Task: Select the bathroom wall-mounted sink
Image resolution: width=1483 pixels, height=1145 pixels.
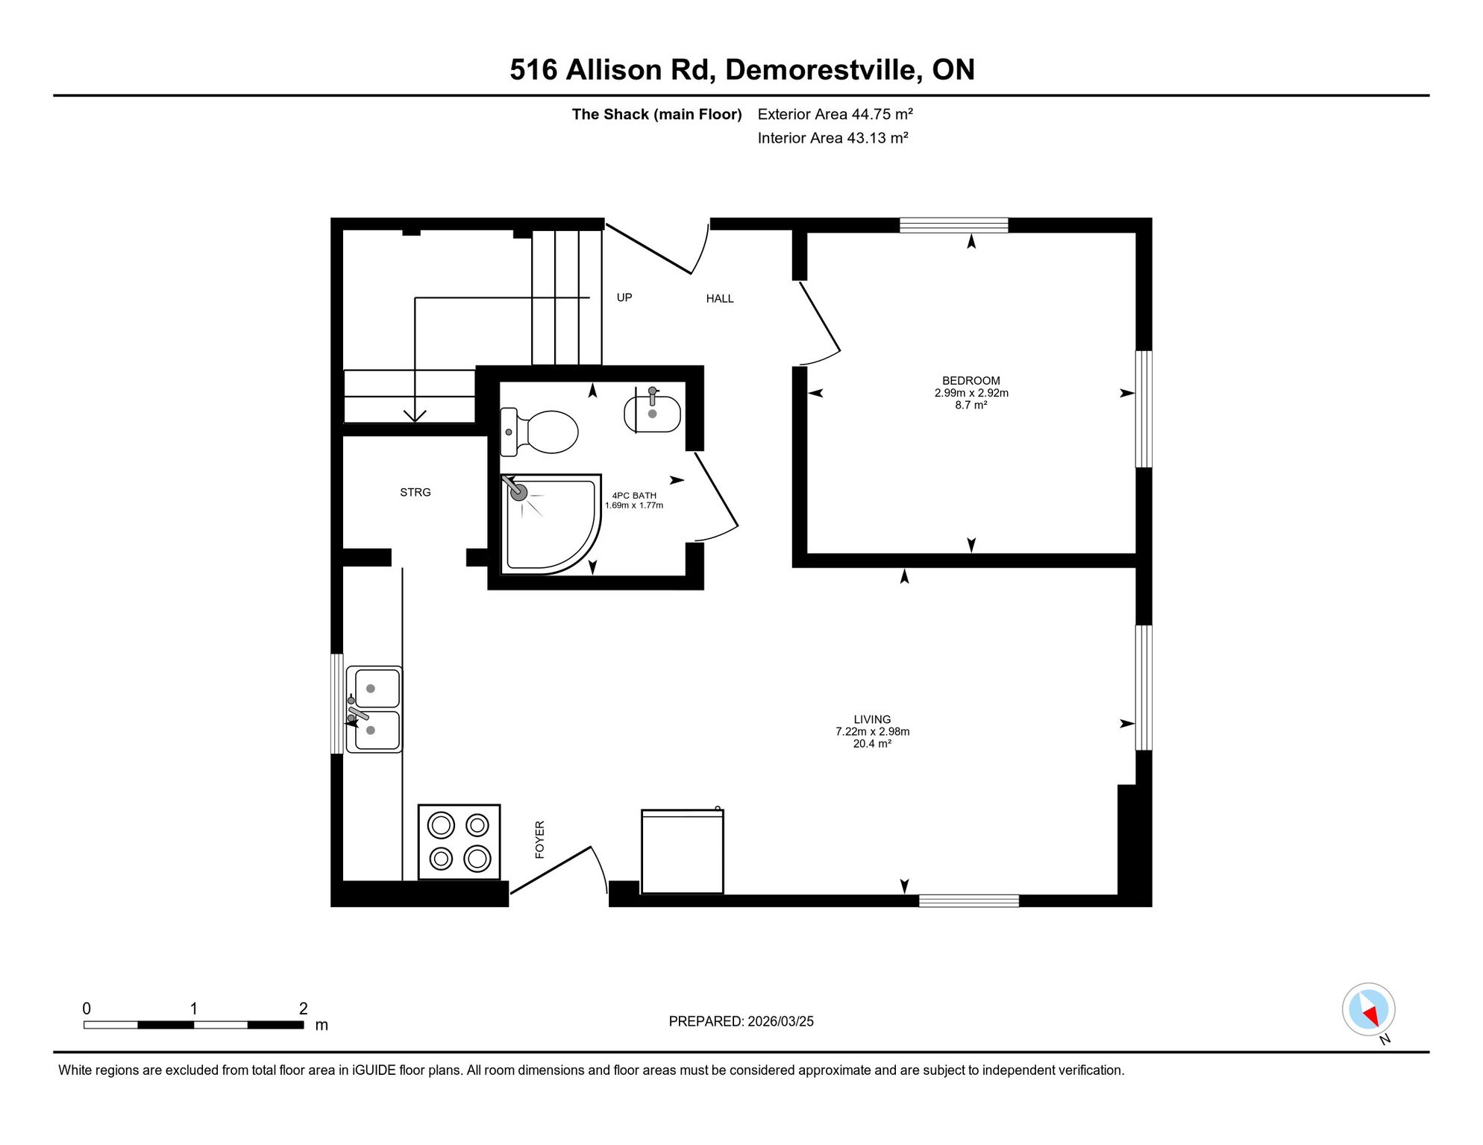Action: [x=652, y=411]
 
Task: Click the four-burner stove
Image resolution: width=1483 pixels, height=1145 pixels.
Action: [x=459, y=842]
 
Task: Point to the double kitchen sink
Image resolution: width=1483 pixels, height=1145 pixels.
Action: [x=374, y=709]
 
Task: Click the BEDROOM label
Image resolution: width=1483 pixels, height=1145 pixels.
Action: [x=971, y=380]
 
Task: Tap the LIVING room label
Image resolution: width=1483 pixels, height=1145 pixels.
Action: [x=872, y=719]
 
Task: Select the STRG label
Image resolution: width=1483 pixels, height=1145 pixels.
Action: [x=416, y=492]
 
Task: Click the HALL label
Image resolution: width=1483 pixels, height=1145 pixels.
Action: [x=720, y=298]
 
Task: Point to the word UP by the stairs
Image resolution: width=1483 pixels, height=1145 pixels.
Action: [x=624, y=297]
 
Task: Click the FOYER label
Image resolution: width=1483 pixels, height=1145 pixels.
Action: [x=540, y=839]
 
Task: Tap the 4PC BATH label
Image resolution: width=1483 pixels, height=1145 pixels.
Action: [x=634, y=495]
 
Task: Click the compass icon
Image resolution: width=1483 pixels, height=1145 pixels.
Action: [x=1368, y=1010]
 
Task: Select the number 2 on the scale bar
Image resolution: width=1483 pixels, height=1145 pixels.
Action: [x=303, y=1009]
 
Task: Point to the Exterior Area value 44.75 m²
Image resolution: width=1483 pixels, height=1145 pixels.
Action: [x=882, y=114]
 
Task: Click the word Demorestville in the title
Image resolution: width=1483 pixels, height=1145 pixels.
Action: [x=821, y=69]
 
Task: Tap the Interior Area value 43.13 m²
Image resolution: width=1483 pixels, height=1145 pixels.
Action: [x=877, y=138]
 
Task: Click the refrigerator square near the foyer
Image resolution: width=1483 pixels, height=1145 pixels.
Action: [x=683, y=851]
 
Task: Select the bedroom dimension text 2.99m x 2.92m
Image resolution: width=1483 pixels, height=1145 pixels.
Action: [x=971, y=393]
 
